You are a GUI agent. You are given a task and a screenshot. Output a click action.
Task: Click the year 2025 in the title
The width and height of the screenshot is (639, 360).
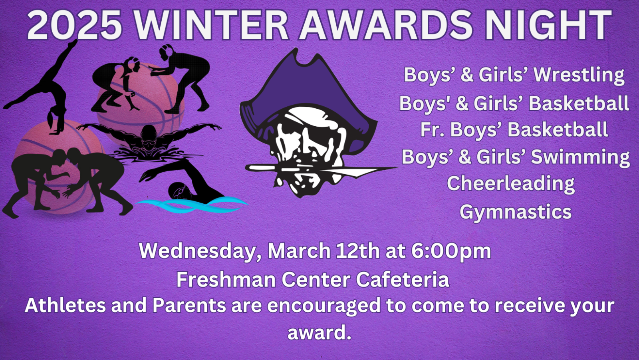click(75, 25)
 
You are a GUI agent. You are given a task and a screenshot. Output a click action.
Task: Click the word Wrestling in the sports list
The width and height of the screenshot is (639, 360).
click(579, 75)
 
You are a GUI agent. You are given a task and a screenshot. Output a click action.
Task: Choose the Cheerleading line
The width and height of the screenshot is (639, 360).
click(511, 183)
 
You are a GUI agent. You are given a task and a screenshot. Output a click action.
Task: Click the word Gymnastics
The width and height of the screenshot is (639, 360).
click(516, 212)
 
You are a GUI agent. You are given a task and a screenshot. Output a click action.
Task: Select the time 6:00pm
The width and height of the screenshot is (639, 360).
click(451, 251)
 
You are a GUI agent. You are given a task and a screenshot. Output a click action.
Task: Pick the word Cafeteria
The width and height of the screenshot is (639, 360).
click(403, 279)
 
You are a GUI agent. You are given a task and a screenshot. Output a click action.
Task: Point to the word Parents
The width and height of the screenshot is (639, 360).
click(189, 306)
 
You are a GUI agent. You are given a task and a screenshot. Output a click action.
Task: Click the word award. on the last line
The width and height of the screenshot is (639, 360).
click(319, 332)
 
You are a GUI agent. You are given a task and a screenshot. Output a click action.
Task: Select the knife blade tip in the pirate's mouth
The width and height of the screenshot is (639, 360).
click(397, 167)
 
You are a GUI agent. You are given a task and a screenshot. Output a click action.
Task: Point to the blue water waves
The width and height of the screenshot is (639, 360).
click(191, 205)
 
